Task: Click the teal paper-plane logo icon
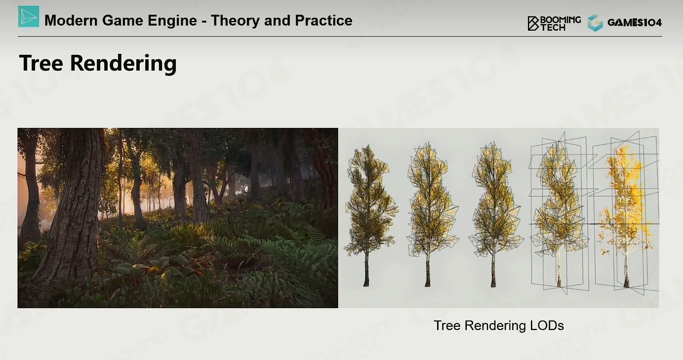pyautogui.click(x=29, y=16)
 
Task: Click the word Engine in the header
pyautogui.click(x=172, y=21)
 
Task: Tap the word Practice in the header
pyautogui.click(x=323, y=20)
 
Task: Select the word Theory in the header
pyautogui.click(x=235, y=21)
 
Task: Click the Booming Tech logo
pyautogui.click(x=554, y=23)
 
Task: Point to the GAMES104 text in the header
pyautogui.click(x=635, y=23)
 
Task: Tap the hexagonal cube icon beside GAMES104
pyautogui.click(x=595, y=23)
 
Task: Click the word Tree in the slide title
pyautogui.click(x=41, y=63)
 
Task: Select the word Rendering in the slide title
pyautogui.click(x=123, y=64)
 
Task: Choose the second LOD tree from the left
pyautogui.click(x=432, y=214)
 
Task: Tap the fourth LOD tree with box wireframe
pyautogui.click(x=559, y=213)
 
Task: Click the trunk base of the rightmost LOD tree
pyautogui.click(x=626, y=282)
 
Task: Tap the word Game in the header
pyautogui.click(x=122, y=21)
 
